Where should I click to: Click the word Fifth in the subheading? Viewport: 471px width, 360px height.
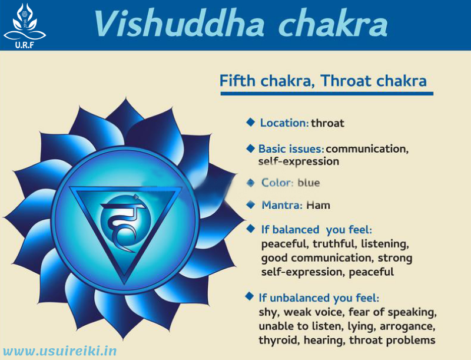[x=238, y=81]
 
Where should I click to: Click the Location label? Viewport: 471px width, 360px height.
[x=284, y=123]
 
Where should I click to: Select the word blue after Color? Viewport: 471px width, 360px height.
[x=309, y=183]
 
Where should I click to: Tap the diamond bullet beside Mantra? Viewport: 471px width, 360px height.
[x=250, y=205]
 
